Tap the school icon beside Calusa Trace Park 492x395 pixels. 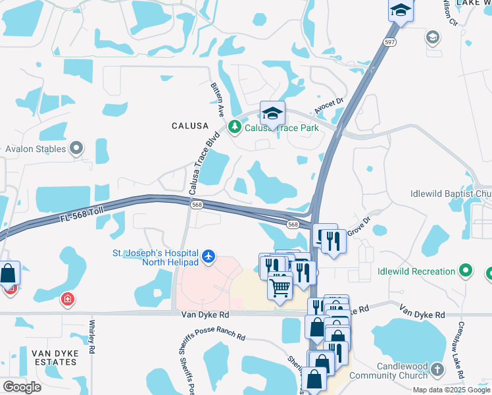[x=272, y=113]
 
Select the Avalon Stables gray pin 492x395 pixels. [x=77, y=148]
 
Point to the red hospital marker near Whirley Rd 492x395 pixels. [x=68, y=300]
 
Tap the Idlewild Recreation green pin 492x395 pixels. [x=466, y=271]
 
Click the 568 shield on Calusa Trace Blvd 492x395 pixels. [x=196, y=205]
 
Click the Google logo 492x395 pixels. [x=21, y=386]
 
